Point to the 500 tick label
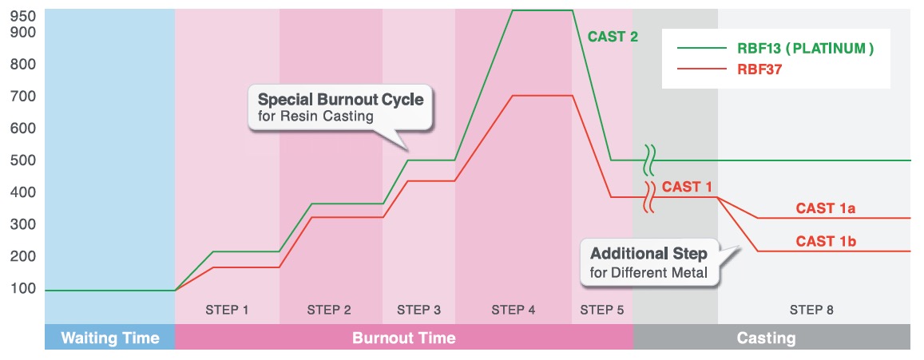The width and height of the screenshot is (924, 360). click(x=22, y=160)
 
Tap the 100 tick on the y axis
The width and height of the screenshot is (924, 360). click(x=22, y=289)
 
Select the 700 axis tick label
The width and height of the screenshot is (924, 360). click(x=22, y=96)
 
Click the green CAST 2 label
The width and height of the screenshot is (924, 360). click(x=613, y=38)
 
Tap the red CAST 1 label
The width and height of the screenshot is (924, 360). click(x=687, y=188)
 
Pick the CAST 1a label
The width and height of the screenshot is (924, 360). click(x=826, y=208)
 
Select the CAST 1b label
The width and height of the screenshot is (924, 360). click(x=826, y=241)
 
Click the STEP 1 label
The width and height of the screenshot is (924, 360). click(x=227, y=310)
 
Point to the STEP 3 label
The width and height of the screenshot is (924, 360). click(x=418, y=310)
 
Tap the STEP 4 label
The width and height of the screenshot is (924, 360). click(x=514, y=310)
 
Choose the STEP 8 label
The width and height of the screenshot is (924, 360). click(x=812, y=310)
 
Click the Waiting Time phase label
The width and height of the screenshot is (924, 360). click(x=110, y=338)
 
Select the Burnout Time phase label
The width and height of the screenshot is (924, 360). click(x=403, y=338)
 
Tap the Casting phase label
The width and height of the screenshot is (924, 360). click(x=766, y=338)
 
